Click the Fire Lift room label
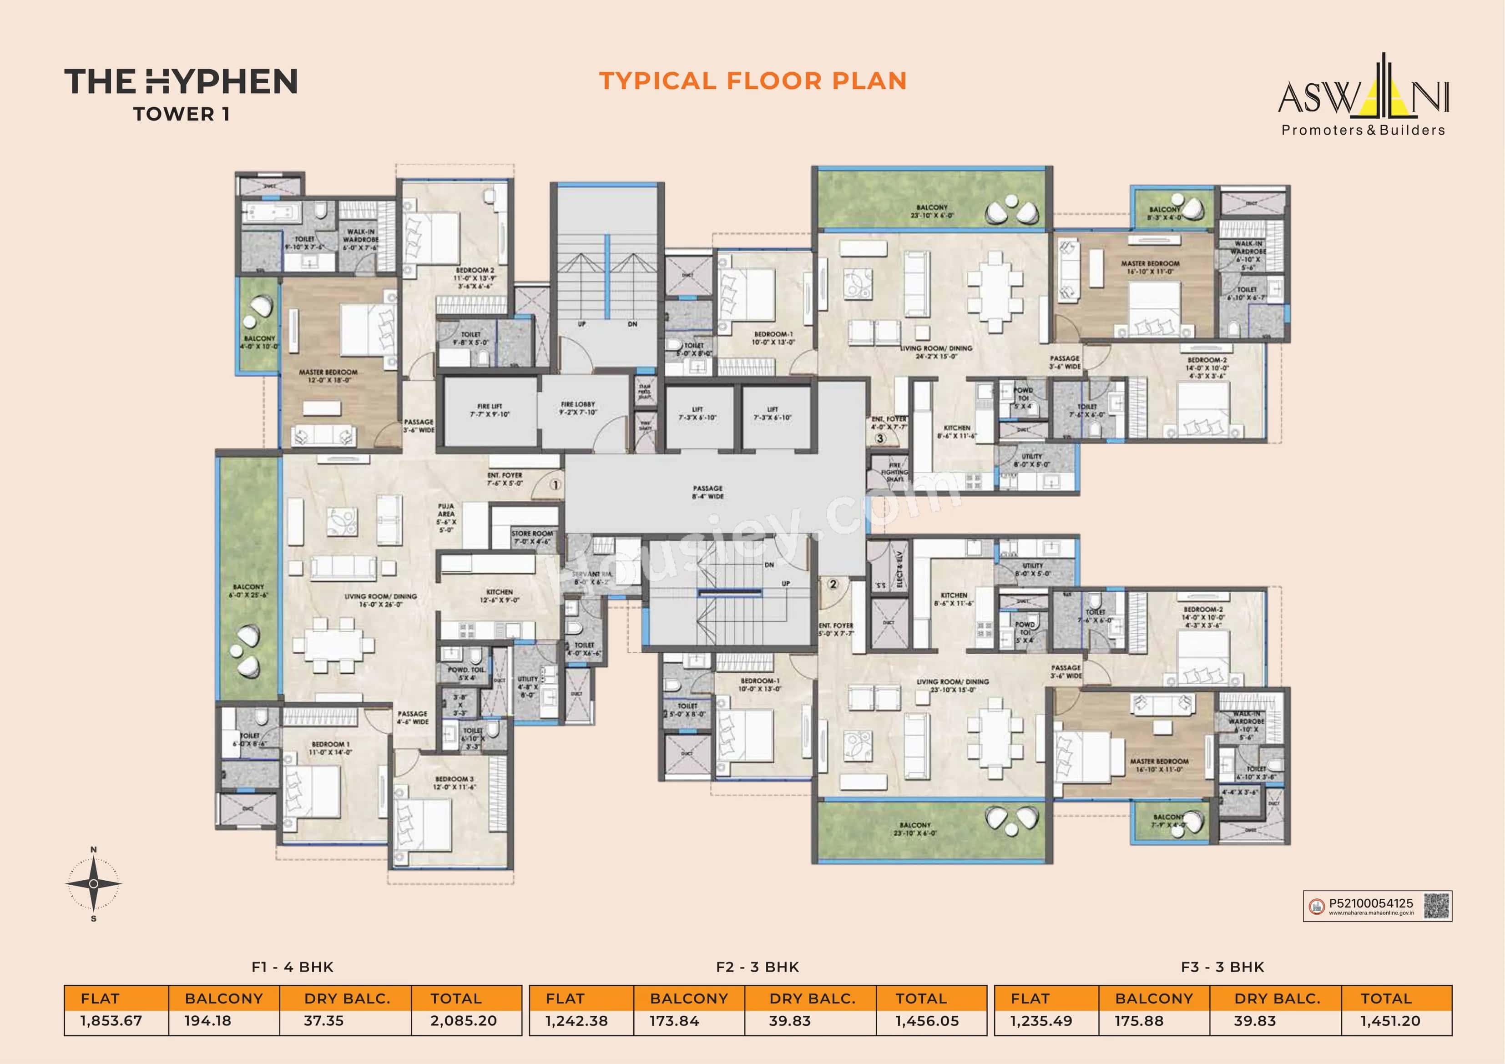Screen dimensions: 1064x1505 tap(489, 410)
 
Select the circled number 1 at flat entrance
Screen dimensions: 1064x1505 tap(555, 485)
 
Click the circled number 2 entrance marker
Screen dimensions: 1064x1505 tap(833, 584)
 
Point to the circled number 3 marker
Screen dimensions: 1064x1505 tap(880, 439)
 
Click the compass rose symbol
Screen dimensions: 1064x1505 tap(94, 884)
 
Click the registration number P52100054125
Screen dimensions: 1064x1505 tap(1371, 903)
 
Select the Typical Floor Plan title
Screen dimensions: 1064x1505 tap(752, 81)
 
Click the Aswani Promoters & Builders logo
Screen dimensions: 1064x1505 tap(1364, 98)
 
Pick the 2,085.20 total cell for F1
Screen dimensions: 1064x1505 tap(464, 1021)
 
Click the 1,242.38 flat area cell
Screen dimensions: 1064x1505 tap(576, 1021)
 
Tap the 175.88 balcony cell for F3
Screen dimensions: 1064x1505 tap(1139, 1021)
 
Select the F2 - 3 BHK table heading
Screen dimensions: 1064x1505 tap(757, 967)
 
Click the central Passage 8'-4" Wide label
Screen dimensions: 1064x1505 tap(707, 492)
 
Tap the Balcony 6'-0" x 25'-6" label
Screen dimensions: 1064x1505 tap(248, 590)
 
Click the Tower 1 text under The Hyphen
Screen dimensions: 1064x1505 tap(181, 114)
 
